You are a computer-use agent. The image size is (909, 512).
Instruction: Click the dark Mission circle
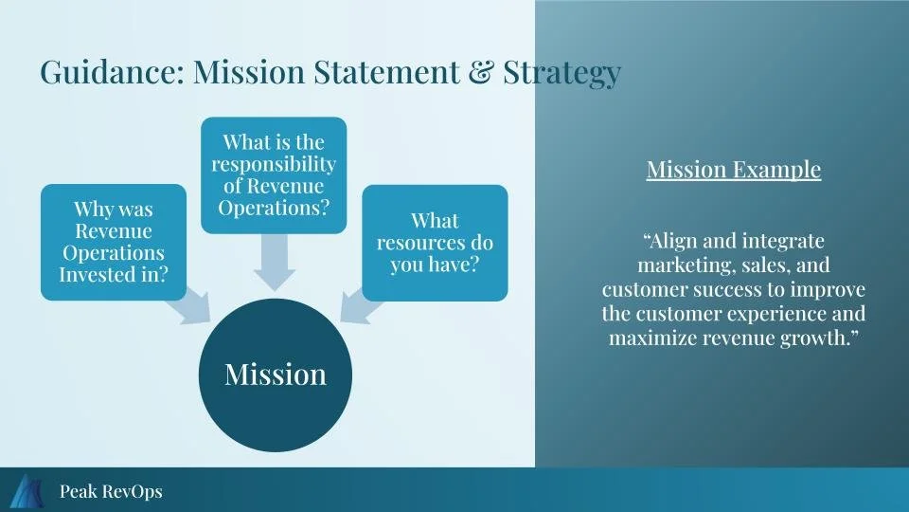pyautogui.click(x=275, y=375)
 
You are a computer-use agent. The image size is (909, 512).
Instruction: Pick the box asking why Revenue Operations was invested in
pyautogui.click(x=114, y=242)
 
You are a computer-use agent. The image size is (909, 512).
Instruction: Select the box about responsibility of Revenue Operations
pyautogui.click(x=274, y=175)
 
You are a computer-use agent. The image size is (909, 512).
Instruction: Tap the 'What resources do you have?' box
pyautogui.click(x=435, y=243)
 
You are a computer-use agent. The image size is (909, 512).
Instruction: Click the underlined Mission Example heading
pyautogui.click(x=733, y=170)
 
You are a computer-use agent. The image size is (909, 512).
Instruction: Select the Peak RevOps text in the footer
pyautogui.click(x=110, y=491)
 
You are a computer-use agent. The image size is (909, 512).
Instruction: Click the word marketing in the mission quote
pyautogui.click(x=681, y=265)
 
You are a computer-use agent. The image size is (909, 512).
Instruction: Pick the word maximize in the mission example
pyautogui.click(x=653, y=338)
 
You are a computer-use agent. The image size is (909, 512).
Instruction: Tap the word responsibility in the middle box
pyautogui.click(x=274, y=163)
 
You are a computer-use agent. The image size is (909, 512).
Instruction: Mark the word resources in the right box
pyautogui.click(x=417, y=242)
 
